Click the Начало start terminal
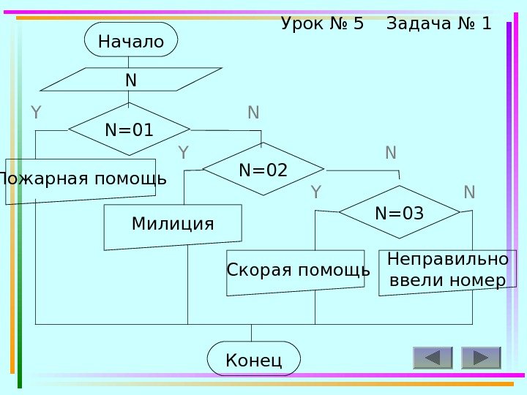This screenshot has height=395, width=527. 131,39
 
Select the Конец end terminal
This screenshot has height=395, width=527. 254,358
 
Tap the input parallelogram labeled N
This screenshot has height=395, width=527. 131,79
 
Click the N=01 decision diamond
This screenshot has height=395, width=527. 129,129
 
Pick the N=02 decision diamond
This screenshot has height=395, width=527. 263,170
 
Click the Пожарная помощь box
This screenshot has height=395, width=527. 81,180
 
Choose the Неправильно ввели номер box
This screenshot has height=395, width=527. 446,271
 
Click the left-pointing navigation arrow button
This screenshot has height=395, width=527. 433,358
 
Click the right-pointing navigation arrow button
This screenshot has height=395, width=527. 481,358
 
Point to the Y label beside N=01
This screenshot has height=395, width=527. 35,113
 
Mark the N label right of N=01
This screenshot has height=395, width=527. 253,113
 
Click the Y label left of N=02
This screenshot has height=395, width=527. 183,153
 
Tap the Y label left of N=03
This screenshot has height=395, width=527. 316,192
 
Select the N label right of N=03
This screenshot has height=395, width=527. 469,192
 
